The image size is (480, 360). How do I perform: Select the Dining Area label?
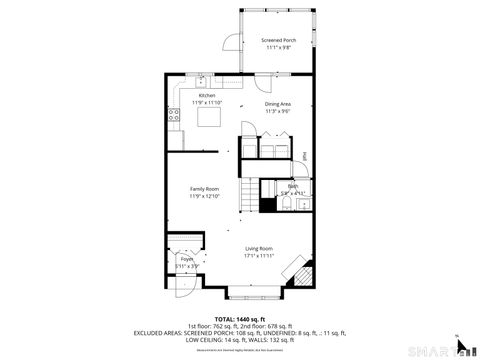[x=278, y=103]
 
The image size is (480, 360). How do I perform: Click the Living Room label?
[x=259, y=249]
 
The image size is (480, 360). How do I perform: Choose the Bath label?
[x=293, y=186]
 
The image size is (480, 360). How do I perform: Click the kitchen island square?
[x=209, y=117]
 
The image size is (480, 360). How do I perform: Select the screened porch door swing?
[x=230, y=42]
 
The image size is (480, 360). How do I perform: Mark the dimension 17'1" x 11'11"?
[x=259, y=256]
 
